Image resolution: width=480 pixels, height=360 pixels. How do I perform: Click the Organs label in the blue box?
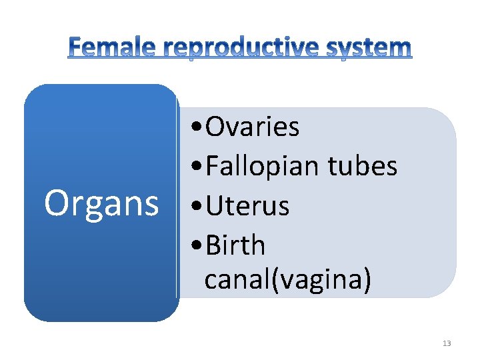click(x=101, y=204)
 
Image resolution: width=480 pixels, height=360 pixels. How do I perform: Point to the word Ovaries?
click(x=253, y=127)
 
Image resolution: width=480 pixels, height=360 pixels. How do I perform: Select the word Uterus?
click(x=247, y=206)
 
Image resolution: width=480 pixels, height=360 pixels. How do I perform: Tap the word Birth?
click(x=235, y=245)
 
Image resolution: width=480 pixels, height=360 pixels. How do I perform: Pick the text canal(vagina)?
click(x=287, y=280)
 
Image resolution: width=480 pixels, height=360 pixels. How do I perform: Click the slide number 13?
click(x=447, y=343)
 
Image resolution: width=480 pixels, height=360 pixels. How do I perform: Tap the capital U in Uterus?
click(x=215, y=206)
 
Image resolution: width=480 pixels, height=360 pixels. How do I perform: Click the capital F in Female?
click(x=76, y=47)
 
